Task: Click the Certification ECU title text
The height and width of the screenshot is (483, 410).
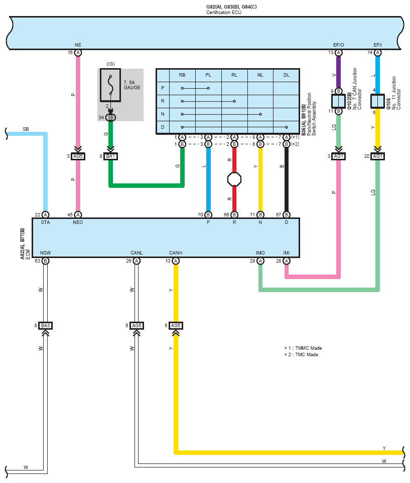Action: (x=224, y=13)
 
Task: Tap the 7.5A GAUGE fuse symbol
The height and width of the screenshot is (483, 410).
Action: (x=110, y=85)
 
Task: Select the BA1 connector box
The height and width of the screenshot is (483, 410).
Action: (x=110, y=156)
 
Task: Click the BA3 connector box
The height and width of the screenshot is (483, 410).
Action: (x=45, y=326)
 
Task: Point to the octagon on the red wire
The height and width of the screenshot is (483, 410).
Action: (x=234, y=179)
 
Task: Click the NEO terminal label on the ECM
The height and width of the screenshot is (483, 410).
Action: (x=78, y=222)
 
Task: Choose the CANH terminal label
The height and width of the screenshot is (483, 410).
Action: (x=176, y=253)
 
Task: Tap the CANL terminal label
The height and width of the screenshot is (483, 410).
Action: (x=136, y=253)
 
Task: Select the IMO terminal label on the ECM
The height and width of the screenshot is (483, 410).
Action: (x=260, y=253)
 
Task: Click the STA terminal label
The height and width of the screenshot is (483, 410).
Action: (x=45, y=222)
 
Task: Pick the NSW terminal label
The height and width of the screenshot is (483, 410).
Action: (x=45, y=253)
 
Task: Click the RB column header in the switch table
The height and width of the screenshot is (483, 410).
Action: (x=182, y=75)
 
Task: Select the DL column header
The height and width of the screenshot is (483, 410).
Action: (x=286, y=75)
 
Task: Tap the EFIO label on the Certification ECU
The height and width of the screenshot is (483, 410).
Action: (x=338, y=45)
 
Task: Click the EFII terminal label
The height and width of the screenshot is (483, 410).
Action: (x=377, y=45)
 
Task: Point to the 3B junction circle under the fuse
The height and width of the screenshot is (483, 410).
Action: (x=110, y=118)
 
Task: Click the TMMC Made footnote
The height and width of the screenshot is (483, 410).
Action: (x=303, y=348)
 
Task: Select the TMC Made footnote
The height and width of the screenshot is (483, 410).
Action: (x=301, y=355)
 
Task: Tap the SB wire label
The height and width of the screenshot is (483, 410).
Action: (x=26, y=129)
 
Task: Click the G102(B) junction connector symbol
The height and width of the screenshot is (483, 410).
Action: (x=338, y=101)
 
